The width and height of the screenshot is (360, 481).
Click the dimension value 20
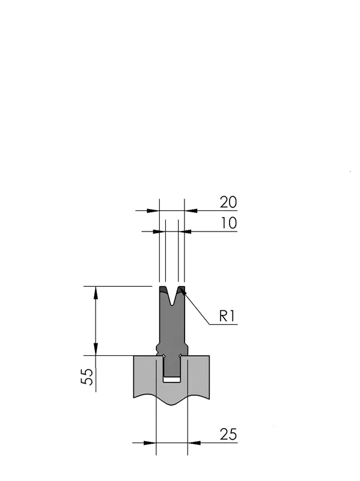pyautogui.click(x=228, y=203)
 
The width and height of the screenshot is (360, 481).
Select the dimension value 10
pyautogui.click(x=229, y=223)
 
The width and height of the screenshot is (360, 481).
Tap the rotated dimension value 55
pyautogui.click(x=87, y=376)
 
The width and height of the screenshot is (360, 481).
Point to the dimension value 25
pyautogui.click(x=228, y=434)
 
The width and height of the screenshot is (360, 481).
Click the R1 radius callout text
pyautogui.click(x=227, y=316)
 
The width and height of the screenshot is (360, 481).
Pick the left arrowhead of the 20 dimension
pyautogui.click(x=153, y=211)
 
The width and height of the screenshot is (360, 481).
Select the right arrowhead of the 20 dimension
pyautogui.click(x=191, y=211)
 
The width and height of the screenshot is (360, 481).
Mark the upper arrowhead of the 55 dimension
pyautogui.click(x=96, y=293)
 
